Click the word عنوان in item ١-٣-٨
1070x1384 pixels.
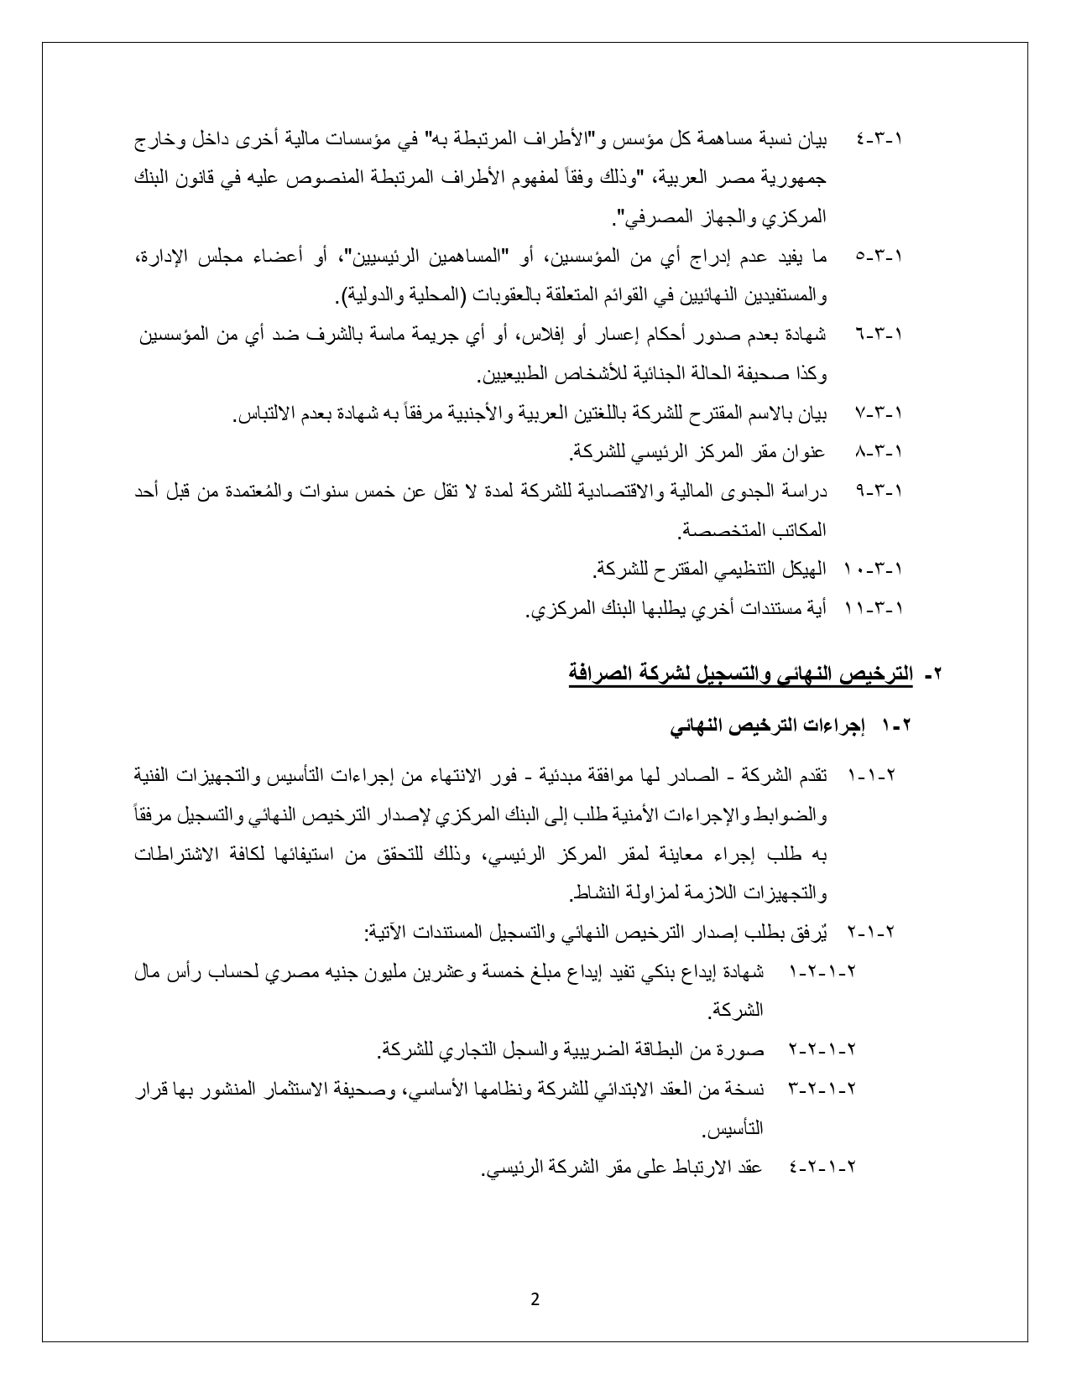coord(806,453)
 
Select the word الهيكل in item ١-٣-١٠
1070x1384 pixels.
coord(802,570)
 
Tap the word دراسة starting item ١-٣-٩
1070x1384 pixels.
coord(805,492)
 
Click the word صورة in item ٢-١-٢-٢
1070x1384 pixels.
coord(741,1049)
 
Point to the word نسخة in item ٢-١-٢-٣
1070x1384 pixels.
coord(743,1089)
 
